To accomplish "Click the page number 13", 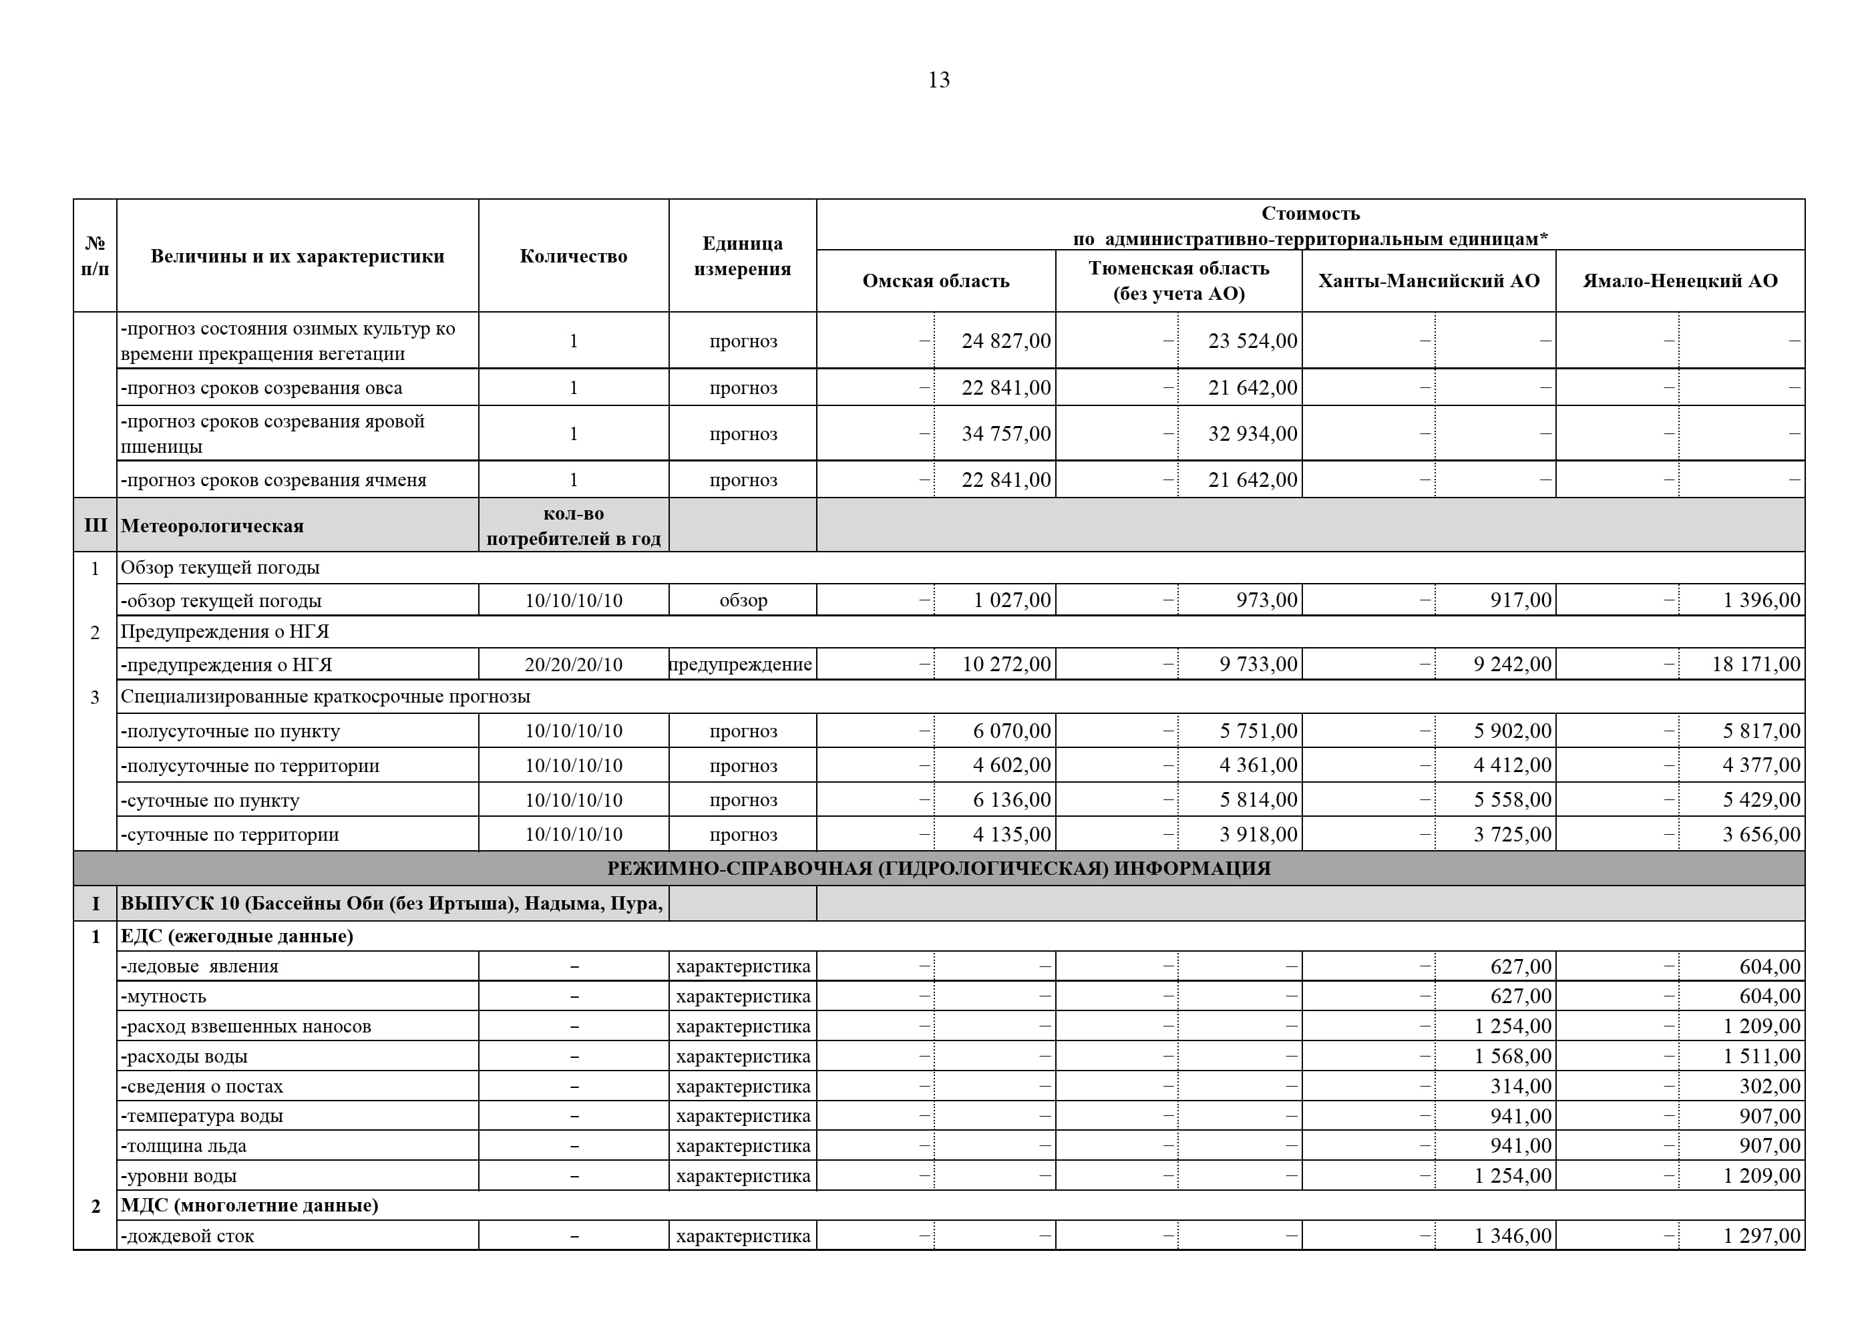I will [938, 80].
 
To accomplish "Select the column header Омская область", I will [936, 281].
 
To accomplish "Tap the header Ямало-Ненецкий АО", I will [1680, 281].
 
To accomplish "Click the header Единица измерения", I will [742, 256].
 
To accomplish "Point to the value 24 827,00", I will [1006, 341].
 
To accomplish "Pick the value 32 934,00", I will [1252, 433].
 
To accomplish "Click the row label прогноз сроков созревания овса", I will [261, 388].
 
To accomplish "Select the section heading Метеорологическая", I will [212, 526].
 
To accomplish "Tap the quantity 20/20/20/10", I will [573, 665].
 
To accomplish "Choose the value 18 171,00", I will [1756, 665].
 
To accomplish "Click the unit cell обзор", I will [743, 601].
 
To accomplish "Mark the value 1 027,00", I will [1012, 601].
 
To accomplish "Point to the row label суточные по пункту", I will [210, 801].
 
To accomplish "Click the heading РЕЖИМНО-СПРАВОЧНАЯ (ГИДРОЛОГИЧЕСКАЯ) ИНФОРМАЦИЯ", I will [938, 869].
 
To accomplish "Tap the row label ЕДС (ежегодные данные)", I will [236, 936].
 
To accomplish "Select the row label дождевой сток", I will [188, 1236].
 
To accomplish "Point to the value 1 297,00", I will [1761, 1236].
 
